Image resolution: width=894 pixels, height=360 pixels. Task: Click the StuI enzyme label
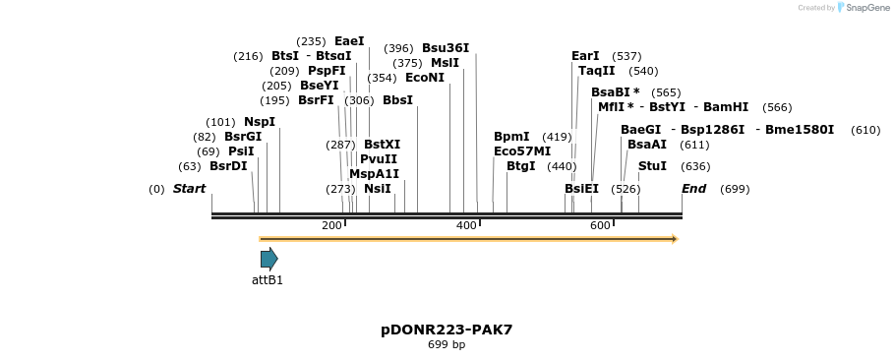click(652, 166)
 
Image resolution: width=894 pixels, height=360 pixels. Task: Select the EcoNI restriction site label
click(425, 78)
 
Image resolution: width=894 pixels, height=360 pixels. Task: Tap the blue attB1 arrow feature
click(268, 259)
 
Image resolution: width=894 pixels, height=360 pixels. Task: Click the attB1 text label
click(268, 280)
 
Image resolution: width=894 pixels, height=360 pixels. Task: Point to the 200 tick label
click(331, 226)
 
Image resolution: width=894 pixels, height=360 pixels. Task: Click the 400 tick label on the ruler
click(466, 226)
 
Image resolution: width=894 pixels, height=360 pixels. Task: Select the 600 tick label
click(600, 226)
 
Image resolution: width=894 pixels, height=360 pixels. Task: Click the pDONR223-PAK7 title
click(447, 330)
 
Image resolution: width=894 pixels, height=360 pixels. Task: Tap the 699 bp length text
click(447, 345)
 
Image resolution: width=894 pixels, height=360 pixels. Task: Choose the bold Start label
click(190, 188)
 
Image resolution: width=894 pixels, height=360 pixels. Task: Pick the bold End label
click(694, 188)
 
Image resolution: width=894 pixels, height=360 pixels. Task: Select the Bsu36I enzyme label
click(446, 47)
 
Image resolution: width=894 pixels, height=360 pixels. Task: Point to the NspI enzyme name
click(260, 122)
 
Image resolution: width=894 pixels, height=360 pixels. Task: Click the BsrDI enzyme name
click(228, 166)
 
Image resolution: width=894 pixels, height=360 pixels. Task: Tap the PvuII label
click(379, 158)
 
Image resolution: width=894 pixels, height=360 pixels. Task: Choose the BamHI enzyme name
click(726, 107)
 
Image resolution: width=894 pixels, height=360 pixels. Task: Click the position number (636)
click(695, 166)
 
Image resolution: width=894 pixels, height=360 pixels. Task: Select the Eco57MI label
click(522, 151)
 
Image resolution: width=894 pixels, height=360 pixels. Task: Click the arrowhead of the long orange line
click(675, 239)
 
